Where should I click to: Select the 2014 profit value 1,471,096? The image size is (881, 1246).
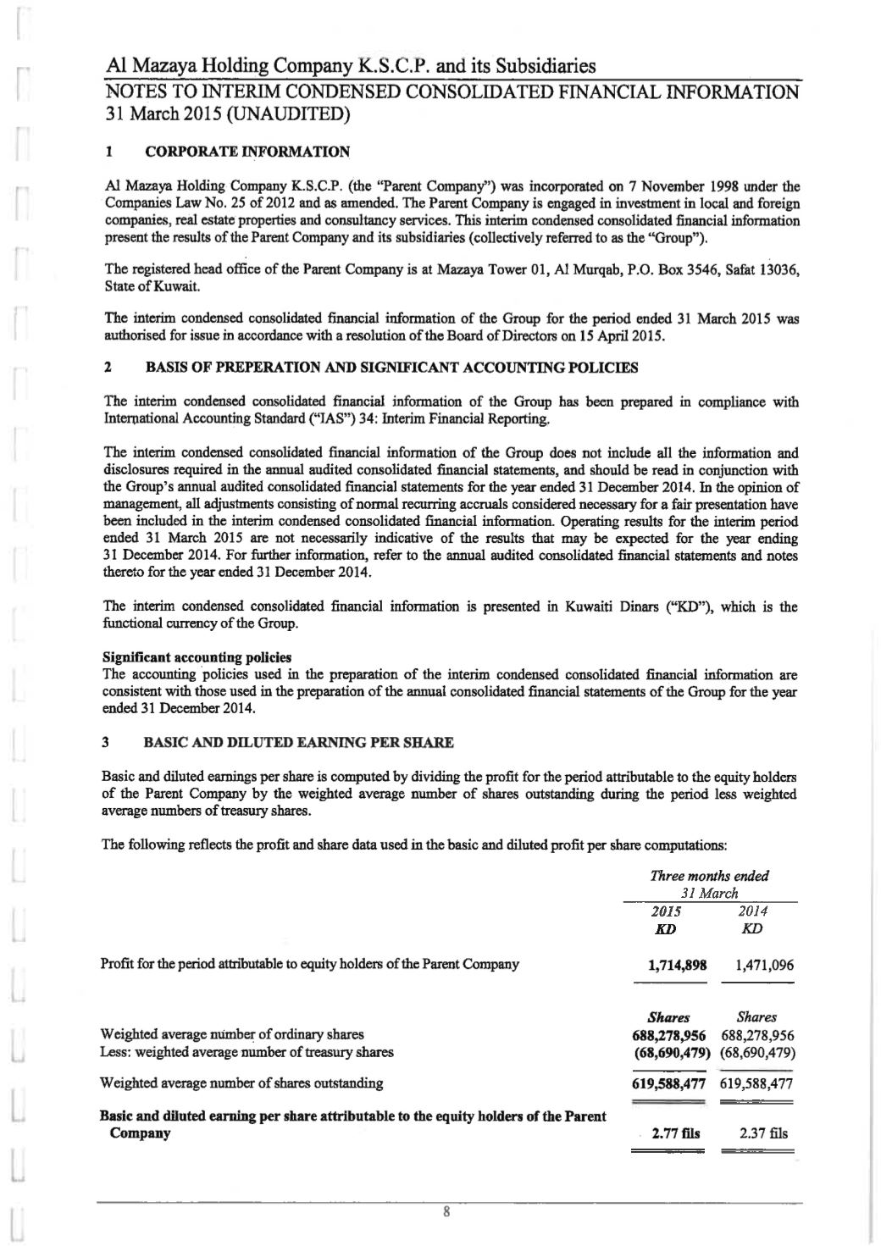click(758, 965)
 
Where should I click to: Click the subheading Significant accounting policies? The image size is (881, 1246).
click(197, 656)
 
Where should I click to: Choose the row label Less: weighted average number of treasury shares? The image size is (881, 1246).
click(247, 1053)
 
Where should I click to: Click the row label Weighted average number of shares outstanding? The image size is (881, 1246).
click(241, 1083)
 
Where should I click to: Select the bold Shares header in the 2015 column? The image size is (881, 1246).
click(668, 1017)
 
